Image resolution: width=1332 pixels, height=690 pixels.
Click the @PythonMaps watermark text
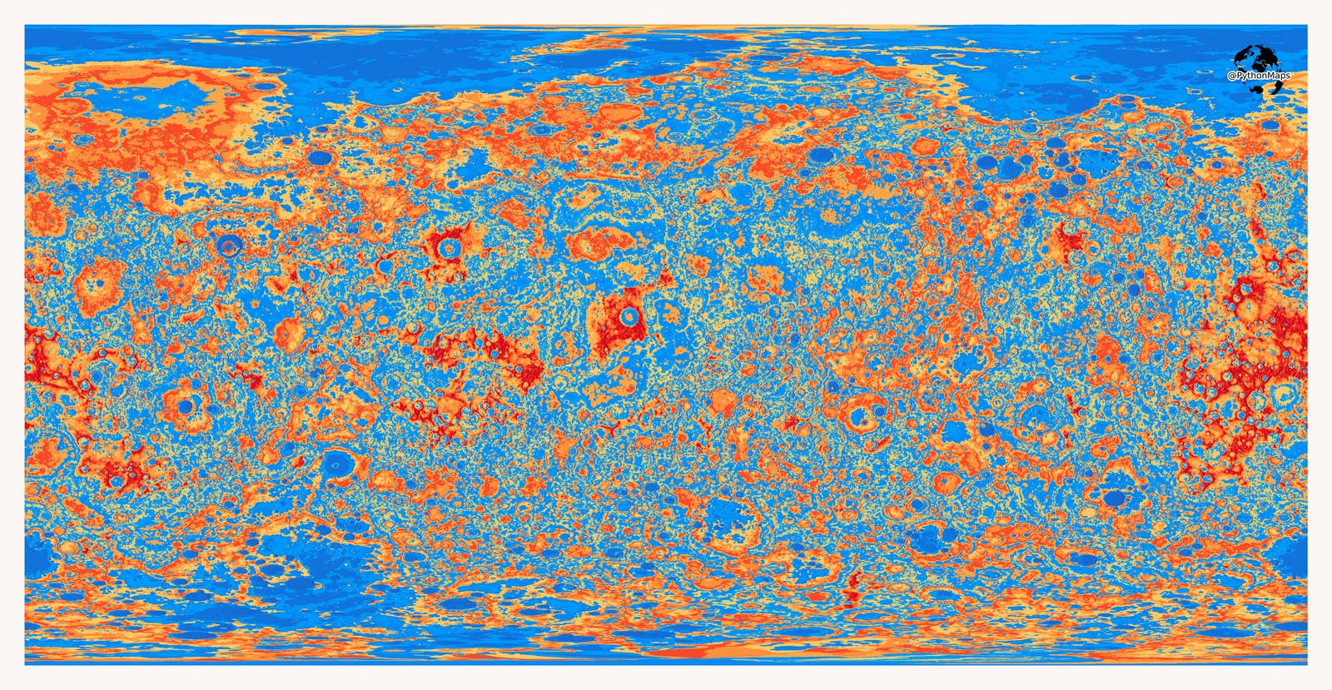click(x=1259, y=76)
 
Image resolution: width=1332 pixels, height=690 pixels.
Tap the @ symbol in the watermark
click(x=1231, y=76)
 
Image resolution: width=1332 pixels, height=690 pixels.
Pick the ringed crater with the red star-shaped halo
click(x=450, y=247)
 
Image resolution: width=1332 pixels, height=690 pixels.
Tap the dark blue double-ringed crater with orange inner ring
click(x=229, y=245)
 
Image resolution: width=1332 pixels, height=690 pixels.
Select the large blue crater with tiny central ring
click(x=337, y=462)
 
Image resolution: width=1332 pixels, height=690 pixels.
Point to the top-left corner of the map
click(x=25, y=25)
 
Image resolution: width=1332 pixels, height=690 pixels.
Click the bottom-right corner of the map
click(x=1307, y=664)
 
